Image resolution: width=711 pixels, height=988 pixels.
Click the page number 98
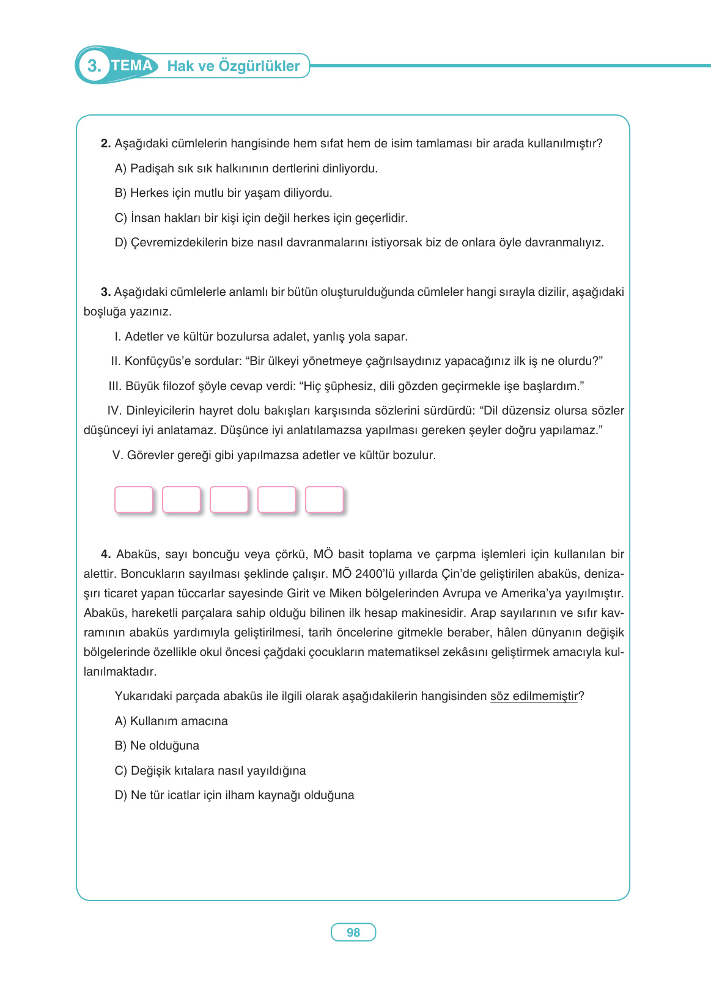(x=353, y=932)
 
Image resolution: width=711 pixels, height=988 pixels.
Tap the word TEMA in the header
(x=132, y=65)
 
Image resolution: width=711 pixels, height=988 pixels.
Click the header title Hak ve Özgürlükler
(x=234, y=66)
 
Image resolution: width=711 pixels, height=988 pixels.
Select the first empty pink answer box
(x=134, y=500)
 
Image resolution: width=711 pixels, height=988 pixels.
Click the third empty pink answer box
(x=229, y=500)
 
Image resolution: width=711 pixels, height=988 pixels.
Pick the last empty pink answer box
(x=325, y=500)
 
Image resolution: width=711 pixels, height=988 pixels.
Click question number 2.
(x=105, y=144)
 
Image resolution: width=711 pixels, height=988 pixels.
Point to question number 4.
(x=105, y=555)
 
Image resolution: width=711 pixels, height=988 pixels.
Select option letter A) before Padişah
(x=120, y=169)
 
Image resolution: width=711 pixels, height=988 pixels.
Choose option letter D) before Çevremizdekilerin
(x=120, y=243)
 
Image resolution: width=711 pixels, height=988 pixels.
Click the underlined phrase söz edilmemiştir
(x=534, y=696)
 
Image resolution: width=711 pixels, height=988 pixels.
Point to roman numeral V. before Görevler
(x=118, y=455)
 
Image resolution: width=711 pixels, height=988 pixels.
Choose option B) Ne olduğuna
(x=157, y=746)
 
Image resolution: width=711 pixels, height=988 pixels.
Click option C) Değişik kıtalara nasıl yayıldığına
(x=210, y=771)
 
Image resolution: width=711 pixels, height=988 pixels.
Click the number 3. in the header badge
(x=94, y=66)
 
